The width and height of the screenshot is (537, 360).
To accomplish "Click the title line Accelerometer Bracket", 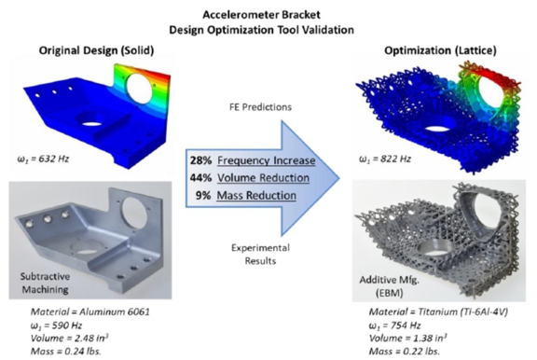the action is pyautogui.click(x=261, y=15).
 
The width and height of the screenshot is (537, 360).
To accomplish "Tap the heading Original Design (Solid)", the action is pyautogui.click(x=96, y=50).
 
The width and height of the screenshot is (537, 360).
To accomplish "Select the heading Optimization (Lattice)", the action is pyautogui.click(x=440, y=50).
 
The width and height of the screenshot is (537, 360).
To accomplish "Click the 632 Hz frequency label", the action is pyautogui.click(x=43, y=159).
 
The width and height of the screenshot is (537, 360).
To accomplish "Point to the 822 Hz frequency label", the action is pyautogui.click(x=385, y=159).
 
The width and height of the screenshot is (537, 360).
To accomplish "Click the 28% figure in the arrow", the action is pyautogui.click(x=200, y=160).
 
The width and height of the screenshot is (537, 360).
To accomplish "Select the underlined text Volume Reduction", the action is pyautogui.click(x=263, y=178).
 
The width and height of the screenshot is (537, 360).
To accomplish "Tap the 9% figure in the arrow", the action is pyautogui.click(x=203, y=195).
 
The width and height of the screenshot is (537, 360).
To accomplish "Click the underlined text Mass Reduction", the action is pyautogui.click(x=256, y=195).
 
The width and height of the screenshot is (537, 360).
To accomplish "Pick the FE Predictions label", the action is pyautogui.click(x=260, y=107).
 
